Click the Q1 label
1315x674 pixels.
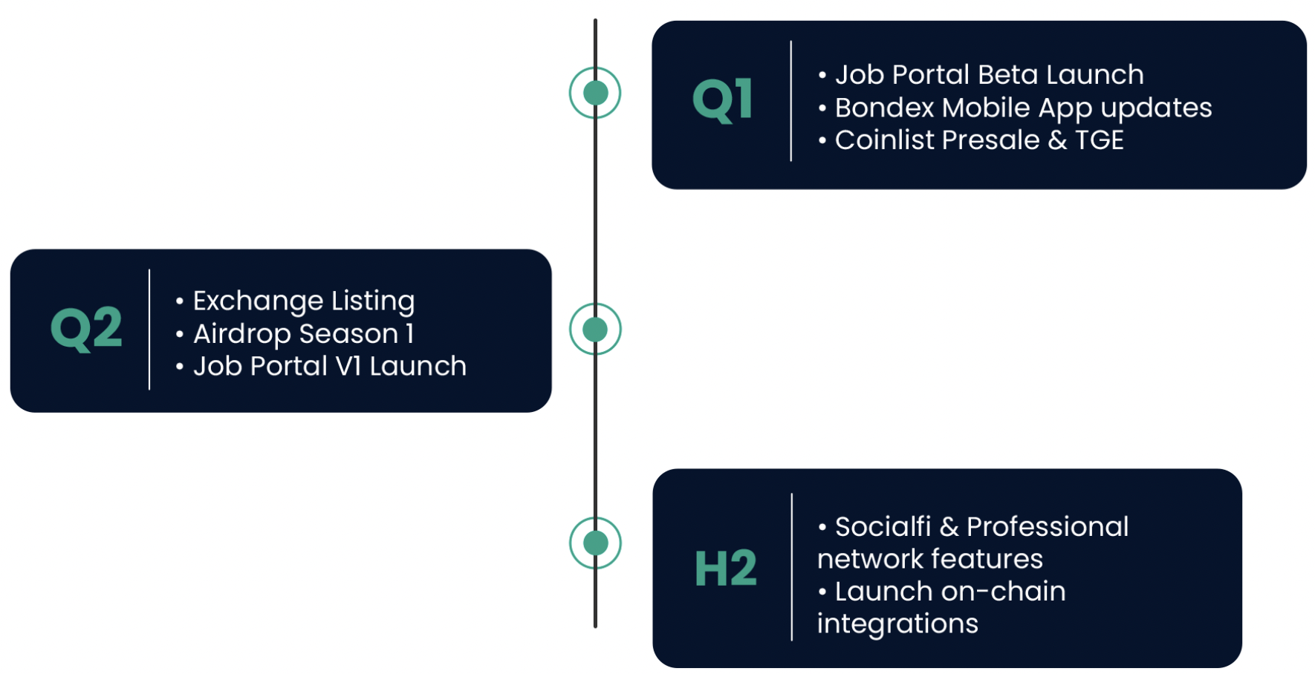pyautogui.click(x=722, y=100)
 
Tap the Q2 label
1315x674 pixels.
pyautogui.click(x=86, y=329)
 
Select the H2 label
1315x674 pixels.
pyautogui.click(x=725, y=569)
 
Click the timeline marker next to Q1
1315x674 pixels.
pyautogui.click(x=595, y=93)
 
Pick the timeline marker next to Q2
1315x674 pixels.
pyautogui.click(x=595, y=329)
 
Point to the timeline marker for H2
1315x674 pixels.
pyautogui.click(x=595, y=543)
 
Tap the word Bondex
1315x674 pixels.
pyautogui.click(x=884, y=108)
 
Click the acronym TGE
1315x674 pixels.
pyautogui.click(x=1099, y=140)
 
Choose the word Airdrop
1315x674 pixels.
pyautogui.click(x=241, y=335)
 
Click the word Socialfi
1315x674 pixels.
pyautogui.click(x=883, y=527)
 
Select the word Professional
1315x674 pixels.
pyautogui.click(x=1048, y=527)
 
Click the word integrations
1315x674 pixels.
pyautogui.click(x=897, y=624)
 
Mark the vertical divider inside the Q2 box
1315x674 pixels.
pyautogui.click(x=149, y=329)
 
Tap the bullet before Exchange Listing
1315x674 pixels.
pyautogui.click(x=179, y=301)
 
